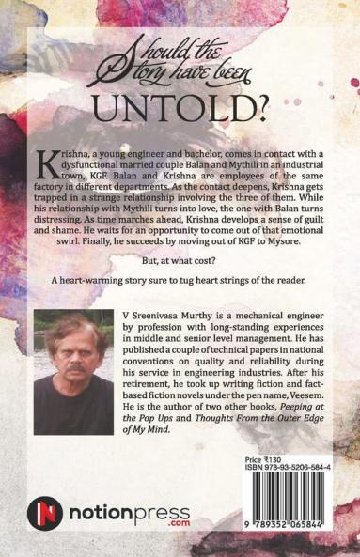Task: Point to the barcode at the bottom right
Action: click(x=289, y=516)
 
